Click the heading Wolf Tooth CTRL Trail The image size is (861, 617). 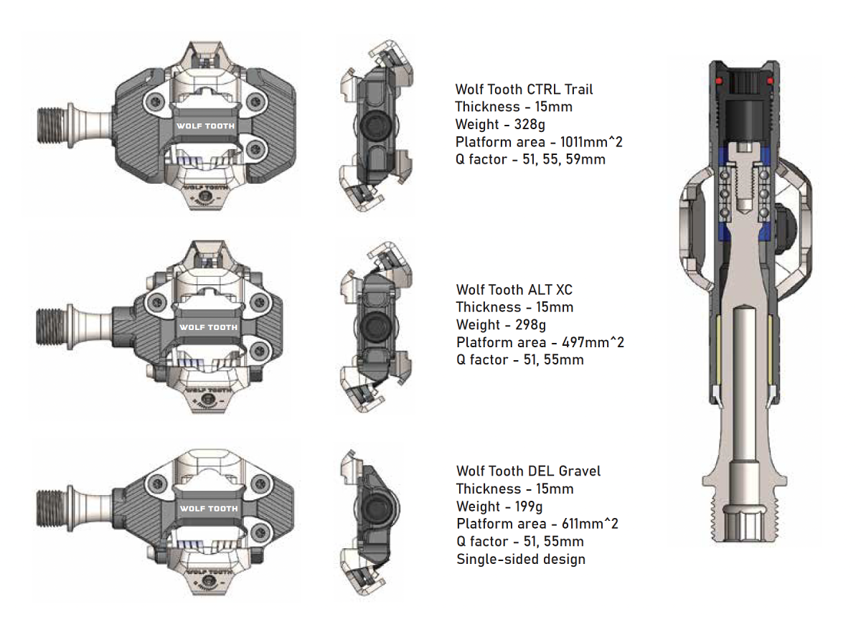[x=524, y=90]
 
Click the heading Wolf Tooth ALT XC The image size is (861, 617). [x=514, y=290]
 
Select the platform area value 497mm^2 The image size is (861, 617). [x=587, y=342]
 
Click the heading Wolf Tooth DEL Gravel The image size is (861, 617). [x=528, y=471]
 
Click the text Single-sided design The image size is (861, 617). [x=521, y=559]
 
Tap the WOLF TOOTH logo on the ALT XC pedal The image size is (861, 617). [x=208, y=327]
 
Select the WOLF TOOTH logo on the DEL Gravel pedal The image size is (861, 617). [x=208, y=509]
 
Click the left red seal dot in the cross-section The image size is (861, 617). [x=720, y=82]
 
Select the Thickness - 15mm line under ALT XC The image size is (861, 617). [x=514, y=307]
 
